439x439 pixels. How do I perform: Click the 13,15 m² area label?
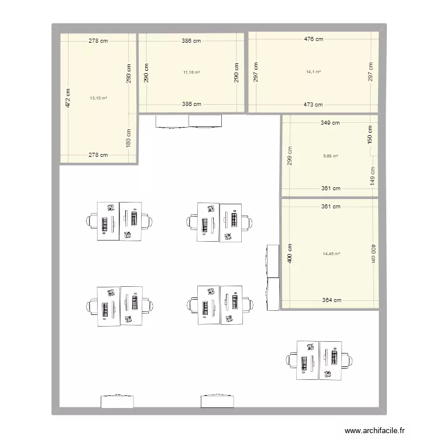[x=98, y=98]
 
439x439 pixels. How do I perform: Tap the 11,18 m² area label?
[x=191, y=73]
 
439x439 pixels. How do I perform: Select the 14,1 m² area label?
[x=314, y=73]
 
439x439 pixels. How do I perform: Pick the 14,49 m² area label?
[x=331, y=254]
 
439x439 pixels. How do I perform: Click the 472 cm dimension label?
[x=68, y=98]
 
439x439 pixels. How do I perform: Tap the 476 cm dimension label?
[x=314, y=39]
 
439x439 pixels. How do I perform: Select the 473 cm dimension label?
[x=313, y=105]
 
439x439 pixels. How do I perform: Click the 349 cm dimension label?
[x=330, y=123]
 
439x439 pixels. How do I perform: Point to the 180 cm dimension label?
[x=128, y=139]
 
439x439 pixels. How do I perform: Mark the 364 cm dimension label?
[x=331, y=300]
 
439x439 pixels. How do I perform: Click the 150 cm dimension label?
[x=370, y=134]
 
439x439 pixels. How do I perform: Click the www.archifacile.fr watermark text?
[x=375, y=431]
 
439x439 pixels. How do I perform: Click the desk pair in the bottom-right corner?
[x=319, y=360]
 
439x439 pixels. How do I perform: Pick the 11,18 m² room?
[x=191, y=88]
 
